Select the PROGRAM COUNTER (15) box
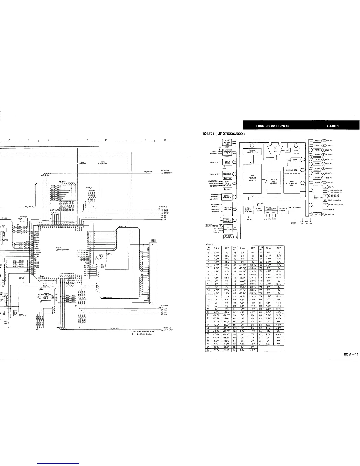(x=251, y=152)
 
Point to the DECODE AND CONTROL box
(x=274, y=182)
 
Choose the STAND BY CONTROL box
(x=283, y=209)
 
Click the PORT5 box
(x=317, y=164)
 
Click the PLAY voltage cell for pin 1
(x=216, y=252)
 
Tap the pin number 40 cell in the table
(x=235, y=274)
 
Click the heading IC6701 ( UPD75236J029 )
(x=224, y=134)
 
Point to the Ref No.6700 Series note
(x=142, y=334)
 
